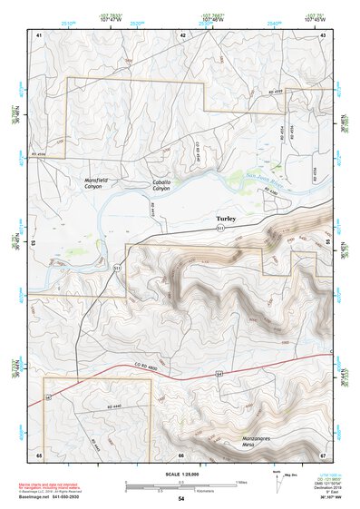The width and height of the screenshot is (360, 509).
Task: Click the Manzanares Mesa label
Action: [235, 440]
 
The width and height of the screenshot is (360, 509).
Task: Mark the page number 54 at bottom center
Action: [180, 499]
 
